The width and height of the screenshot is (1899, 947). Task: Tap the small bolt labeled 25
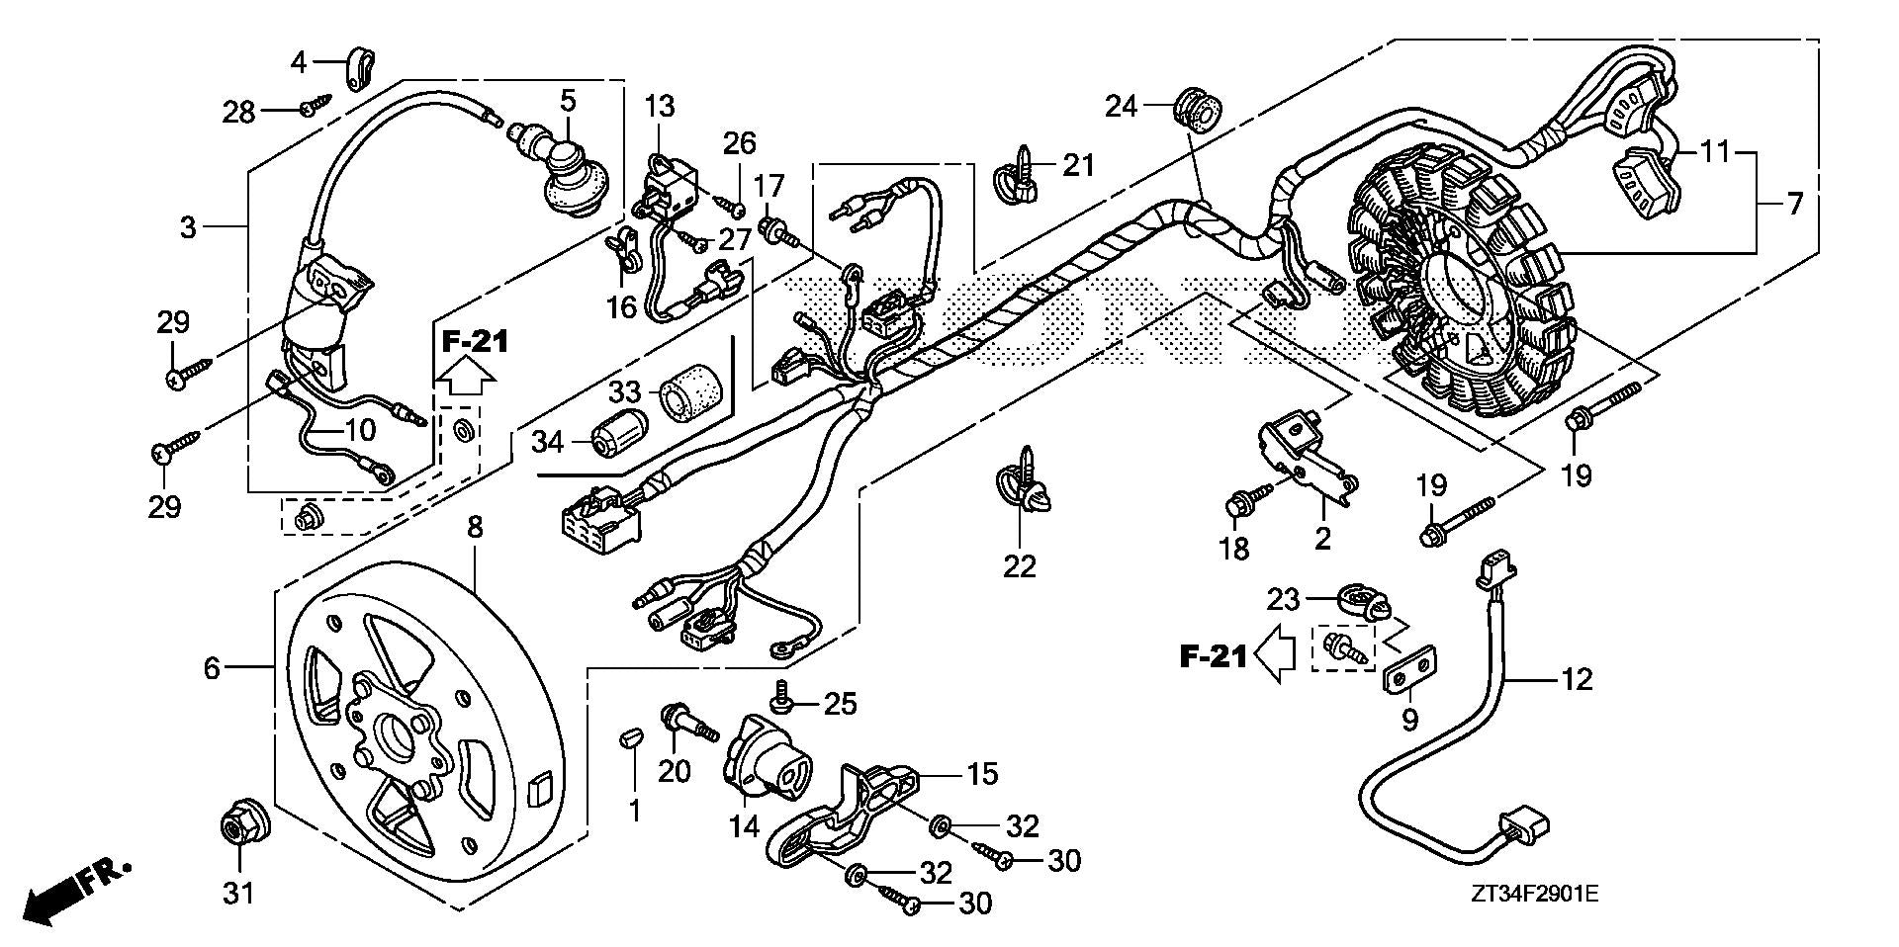[782, 699]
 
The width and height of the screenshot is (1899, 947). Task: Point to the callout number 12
[1578, 680]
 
